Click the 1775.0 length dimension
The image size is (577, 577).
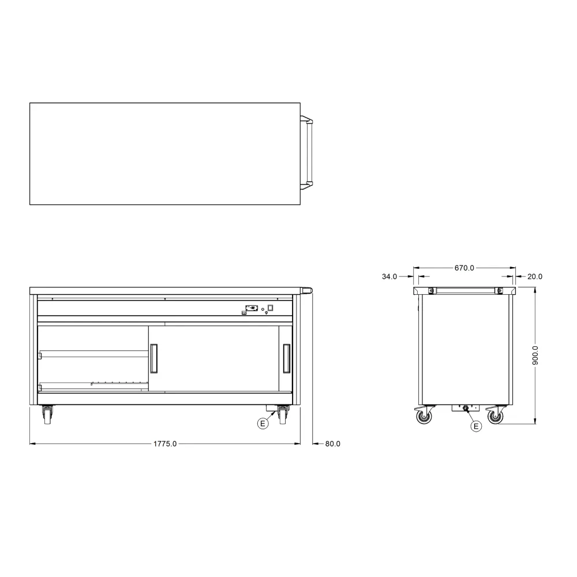click(165, 444)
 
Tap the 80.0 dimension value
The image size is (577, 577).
click(333, 444)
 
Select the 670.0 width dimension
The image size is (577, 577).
click(464, 268)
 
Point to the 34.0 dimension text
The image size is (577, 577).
click(389, 276)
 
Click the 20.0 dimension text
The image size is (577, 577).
click(535, 276)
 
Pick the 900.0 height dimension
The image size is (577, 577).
click(535, 355)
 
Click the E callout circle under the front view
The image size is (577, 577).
click(263, 424)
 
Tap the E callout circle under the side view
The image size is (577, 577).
click(476, 426)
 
